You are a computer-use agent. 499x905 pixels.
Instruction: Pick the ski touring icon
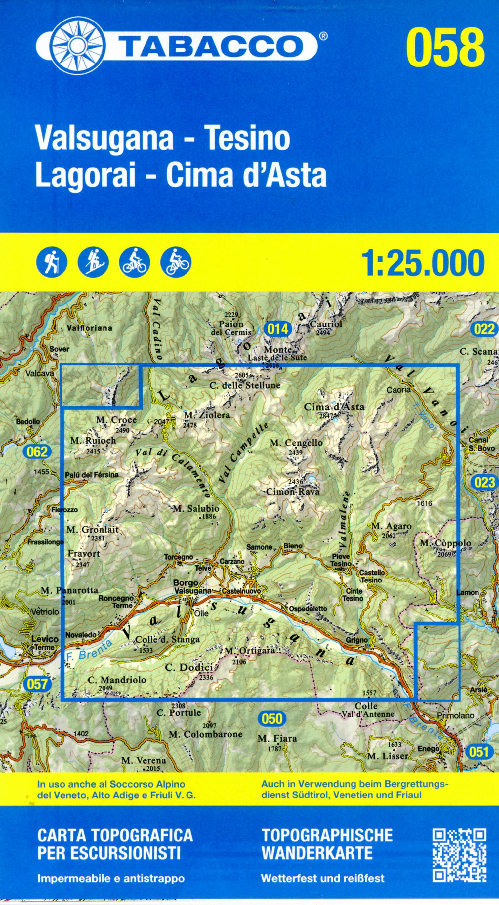click(93, 263)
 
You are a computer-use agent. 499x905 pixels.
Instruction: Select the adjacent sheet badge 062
click(37, 452)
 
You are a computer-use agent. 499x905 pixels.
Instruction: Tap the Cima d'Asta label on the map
click(334, 407)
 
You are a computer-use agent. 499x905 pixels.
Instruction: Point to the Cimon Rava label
click(293, 492)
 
